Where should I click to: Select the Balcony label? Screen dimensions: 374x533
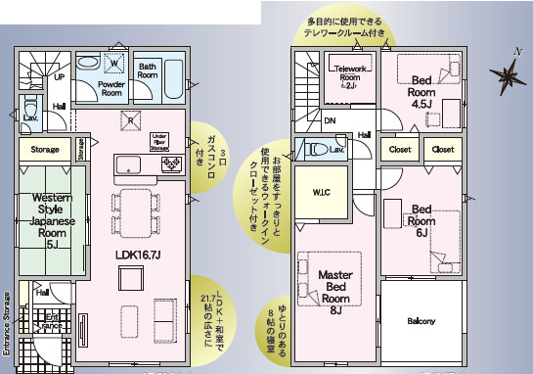[x=422, y=321]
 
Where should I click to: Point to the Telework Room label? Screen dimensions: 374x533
[x=349, y=75]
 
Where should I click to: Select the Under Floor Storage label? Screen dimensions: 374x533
[x=162, y=143]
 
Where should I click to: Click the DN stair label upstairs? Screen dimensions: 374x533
[x=332, y=121]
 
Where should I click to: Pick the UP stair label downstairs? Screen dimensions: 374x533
[x=60, y=75]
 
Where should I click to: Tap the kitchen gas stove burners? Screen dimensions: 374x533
[x=171, y=164]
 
